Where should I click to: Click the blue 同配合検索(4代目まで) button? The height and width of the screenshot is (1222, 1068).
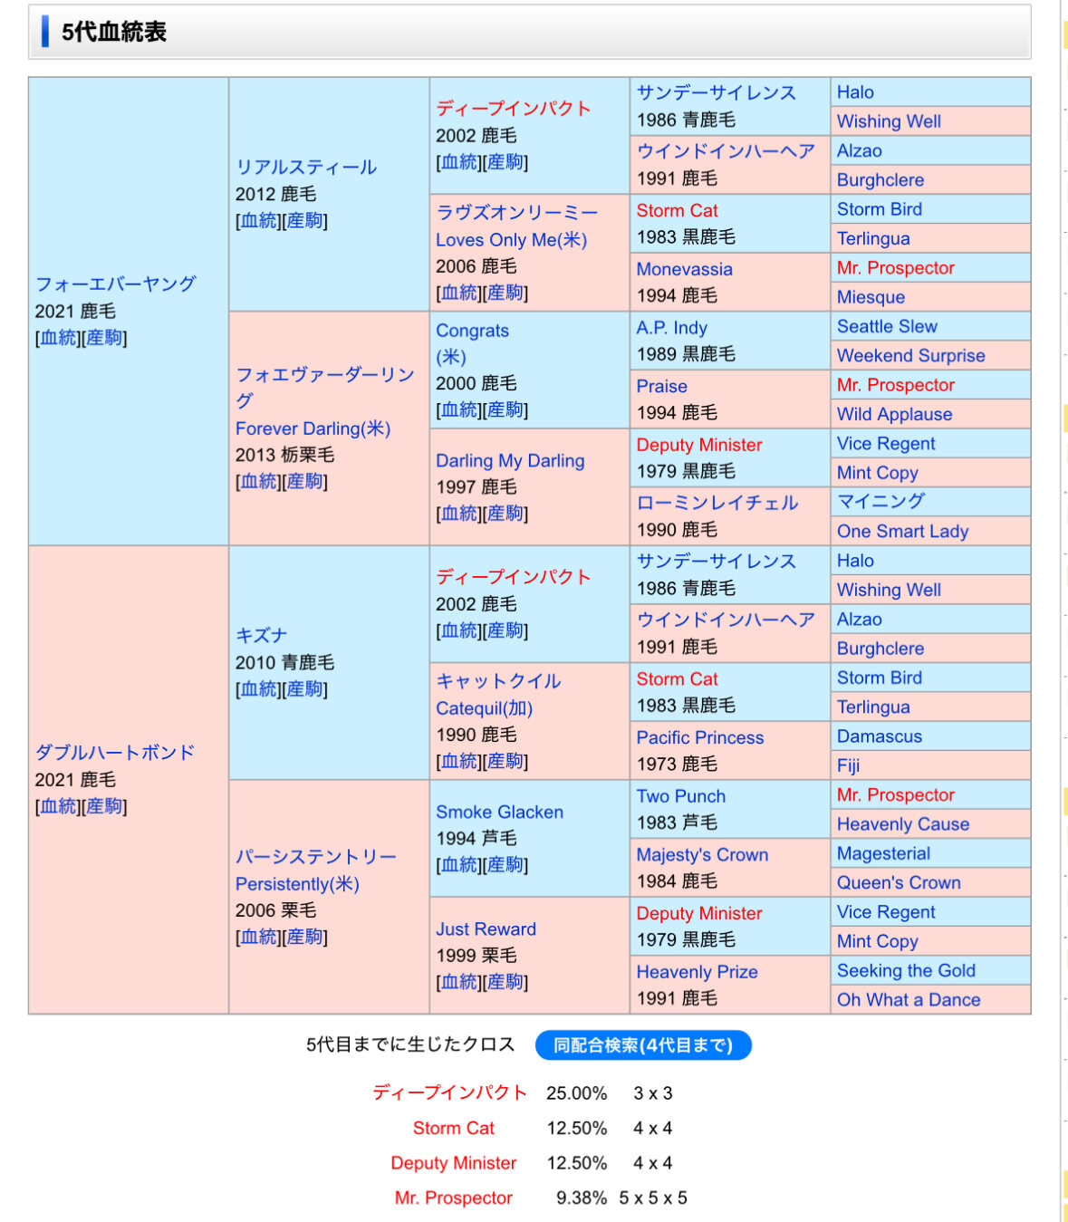[643, 1045]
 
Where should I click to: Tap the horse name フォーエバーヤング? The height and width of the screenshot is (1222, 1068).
[116, 284]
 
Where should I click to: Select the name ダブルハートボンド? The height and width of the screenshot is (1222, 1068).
[115, 752]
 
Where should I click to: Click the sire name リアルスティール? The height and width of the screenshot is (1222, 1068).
[306, 167]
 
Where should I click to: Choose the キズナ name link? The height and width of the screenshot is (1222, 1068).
[261, 635]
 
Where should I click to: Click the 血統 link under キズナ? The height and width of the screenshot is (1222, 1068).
[258, 688]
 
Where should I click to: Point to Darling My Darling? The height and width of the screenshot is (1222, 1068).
[510, 460]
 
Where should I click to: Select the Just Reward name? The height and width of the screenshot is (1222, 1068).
[486, 929]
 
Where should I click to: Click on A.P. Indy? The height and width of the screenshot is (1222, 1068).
[671, 328]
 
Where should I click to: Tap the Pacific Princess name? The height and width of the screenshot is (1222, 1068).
[699, 737]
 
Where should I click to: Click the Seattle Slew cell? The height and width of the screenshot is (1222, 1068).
[887, 326]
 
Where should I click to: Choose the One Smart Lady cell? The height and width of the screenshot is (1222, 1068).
[902, 531]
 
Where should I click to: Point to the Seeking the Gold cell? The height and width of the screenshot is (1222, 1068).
[906, 970]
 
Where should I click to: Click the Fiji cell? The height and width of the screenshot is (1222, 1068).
[848, 765]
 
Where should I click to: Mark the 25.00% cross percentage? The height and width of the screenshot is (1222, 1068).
[576, 1093]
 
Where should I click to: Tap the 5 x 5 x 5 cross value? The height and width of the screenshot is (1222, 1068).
[653, 1198]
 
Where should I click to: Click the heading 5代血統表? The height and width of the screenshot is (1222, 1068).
[114, 32]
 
